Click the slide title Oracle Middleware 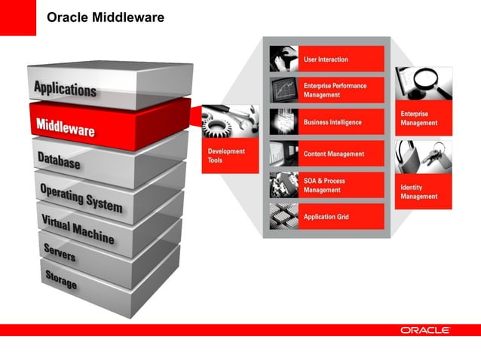coord(106,17)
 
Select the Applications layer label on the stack coord(65,88)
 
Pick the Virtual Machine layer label coord(78,227)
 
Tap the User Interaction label coord(326,59)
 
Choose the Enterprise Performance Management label coord(335,90)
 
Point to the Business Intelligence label coord(332,122)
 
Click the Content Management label coord(334,154)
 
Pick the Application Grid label coord(326,217)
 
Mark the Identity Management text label coord(418,191)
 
